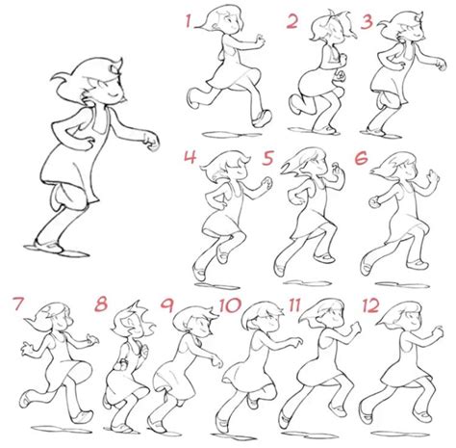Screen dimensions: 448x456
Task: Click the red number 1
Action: pos(190,20)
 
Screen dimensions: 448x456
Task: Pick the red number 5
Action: pos(268,157)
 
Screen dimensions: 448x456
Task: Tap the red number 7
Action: pos(17,305)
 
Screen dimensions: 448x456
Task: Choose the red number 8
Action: pos(103,306)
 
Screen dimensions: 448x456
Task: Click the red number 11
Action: pos(296,306)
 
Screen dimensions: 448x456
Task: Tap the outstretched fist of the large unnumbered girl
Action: pos(150,145)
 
